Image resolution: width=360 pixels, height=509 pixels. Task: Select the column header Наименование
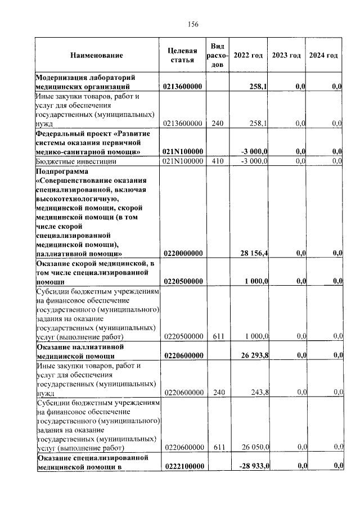click(96, 56)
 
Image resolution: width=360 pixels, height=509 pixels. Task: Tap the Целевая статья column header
click(182, 55)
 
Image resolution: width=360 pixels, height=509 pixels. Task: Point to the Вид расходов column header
click(218, 55)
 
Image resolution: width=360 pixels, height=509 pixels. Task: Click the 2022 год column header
click(248, 55)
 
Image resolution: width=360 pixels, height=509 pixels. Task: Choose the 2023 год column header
click(286, 55)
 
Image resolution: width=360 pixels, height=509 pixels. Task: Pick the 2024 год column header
click(324, 55)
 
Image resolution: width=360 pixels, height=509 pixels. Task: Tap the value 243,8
click(258, 393)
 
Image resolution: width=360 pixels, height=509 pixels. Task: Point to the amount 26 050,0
click(255, 447)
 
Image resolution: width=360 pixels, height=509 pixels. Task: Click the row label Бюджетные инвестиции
click(76, 161)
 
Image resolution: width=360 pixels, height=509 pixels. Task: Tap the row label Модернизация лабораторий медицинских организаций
click(87, 82)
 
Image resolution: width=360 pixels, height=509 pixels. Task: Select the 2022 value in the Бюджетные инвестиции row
click(254, 161)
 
